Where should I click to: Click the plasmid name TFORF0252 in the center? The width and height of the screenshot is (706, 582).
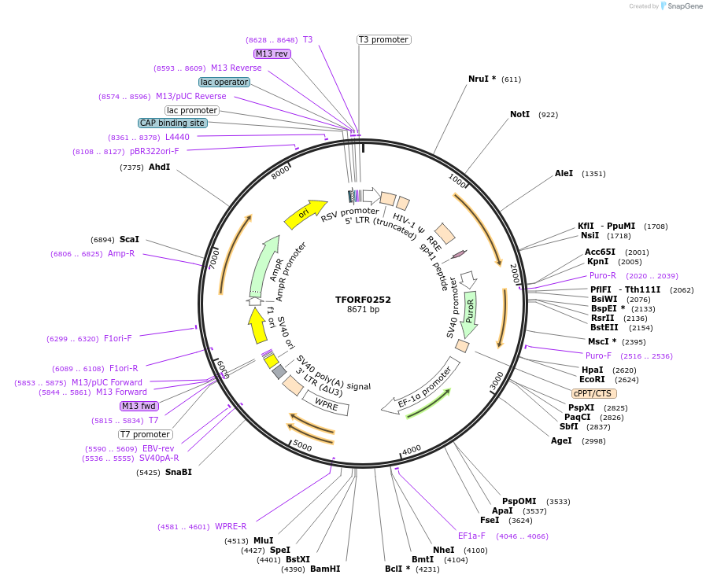(363, 300)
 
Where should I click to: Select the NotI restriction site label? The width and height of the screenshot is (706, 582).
(519, 114)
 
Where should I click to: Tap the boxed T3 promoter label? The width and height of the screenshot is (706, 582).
(383, 39)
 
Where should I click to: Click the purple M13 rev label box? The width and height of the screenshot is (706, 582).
(272, 53)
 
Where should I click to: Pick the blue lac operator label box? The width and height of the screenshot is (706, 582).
(224, 82)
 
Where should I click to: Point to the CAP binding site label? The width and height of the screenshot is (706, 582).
(172, 123)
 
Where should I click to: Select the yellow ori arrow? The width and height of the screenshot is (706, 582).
(305, 213)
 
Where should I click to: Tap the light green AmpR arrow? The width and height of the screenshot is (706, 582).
(264, 266)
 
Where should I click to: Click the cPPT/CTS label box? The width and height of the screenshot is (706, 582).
(594, 393)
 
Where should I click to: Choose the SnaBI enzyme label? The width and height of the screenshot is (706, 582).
(179, 472)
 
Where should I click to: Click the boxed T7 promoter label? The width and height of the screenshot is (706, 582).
(145, 434)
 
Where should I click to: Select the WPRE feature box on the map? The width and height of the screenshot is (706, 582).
(326, 404)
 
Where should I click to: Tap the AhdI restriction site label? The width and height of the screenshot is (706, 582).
(159, 167)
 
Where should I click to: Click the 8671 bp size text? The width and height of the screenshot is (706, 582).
(363, 310)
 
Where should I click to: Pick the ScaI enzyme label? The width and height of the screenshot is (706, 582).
(129, 239)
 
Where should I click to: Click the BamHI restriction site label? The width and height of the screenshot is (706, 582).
(325, 569)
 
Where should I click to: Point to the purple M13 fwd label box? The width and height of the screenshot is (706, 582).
(139, 406)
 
